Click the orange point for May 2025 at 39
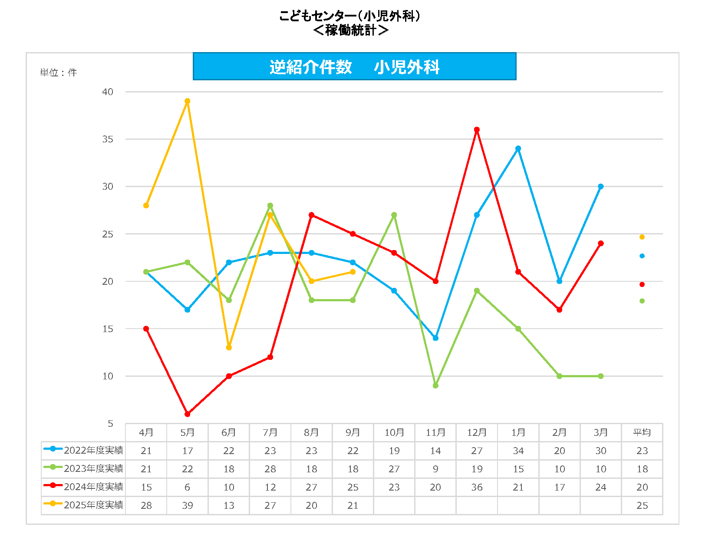click(188, 101)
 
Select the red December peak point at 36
click(477, 130)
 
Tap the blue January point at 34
click(518, 148)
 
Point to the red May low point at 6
click(188, 414)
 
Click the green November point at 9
click(435, 385)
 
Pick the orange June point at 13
click(229, 348)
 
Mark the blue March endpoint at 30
click(601, 187)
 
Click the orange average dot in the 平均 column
click(642, 237)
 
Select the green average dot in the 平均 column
click(642, 301)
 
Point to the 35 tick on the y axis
click(108, 139)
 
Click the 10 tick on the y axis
click(108, 376)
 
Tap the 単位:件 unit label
click(58, 73)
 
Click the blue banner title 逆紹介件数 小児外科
click(354, 67)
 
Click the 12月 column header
click(477, 432)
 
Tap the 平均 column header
click(642, 432)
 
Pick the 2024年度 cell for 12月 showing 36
click(477, 487)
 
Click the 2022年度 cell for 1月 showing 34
click(518, 451)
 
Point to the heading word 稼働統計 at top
click(350, 30)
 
